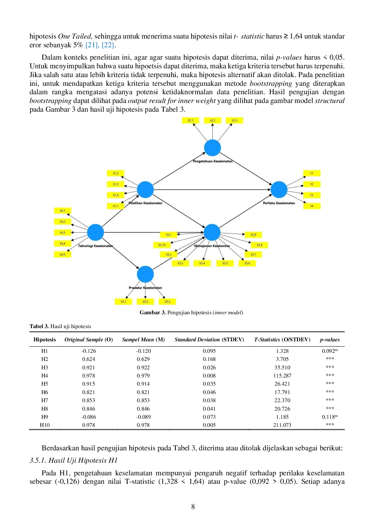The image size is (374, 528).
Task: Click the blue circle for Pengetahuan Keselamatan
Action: (x=212, y=148)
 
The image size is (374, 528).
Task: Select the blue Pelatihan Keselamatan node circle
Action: (x=145, y=190)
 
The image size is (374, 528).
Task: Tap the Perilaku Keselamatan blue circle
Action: (x=279, y=190)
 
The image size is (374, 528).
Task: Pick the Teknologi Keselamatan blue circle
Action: (x=95, y=232)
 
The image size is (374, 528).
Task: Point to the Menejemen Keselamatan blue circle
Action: (x=212, y=232)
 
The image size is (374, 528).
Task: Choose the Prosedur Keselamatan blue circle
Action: (x=145, y=274)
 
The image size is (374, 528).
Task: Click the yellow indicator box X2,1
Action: (x=190, y=120)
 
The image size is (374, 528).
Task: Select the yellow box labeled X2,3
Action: (x=234, y=120)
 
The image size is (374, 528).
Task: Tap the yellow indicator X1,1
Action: (x=116, y=206)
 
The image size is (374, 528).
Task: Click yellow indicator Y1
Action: (x=312, y=173)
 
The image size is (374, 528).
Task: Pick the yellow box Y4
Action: (x=312, y=206)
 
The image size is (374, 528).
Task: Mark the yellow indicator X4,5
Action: (x=62, y=255)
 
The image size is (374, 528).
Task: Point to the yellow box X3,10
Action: (x=162, y=245)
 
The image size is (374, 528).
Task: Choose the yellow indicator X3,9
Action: (x=253, y=235)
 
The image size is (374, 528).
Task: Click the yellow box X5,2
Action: (x=145, y=302)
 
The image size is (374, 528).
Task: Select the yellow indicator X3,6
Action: (x=247, y=263)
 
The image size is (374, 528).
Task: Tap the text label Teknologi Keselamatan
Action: (x=95, y=246)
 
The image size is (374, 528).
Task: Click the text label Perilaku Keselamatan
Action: (x=279, y=203)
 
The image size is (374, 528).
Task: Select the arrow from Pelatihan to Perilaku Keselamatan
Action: (x=211, y=190)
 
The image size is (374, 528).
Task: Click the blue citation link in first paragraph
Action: (x=99, y=45)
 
